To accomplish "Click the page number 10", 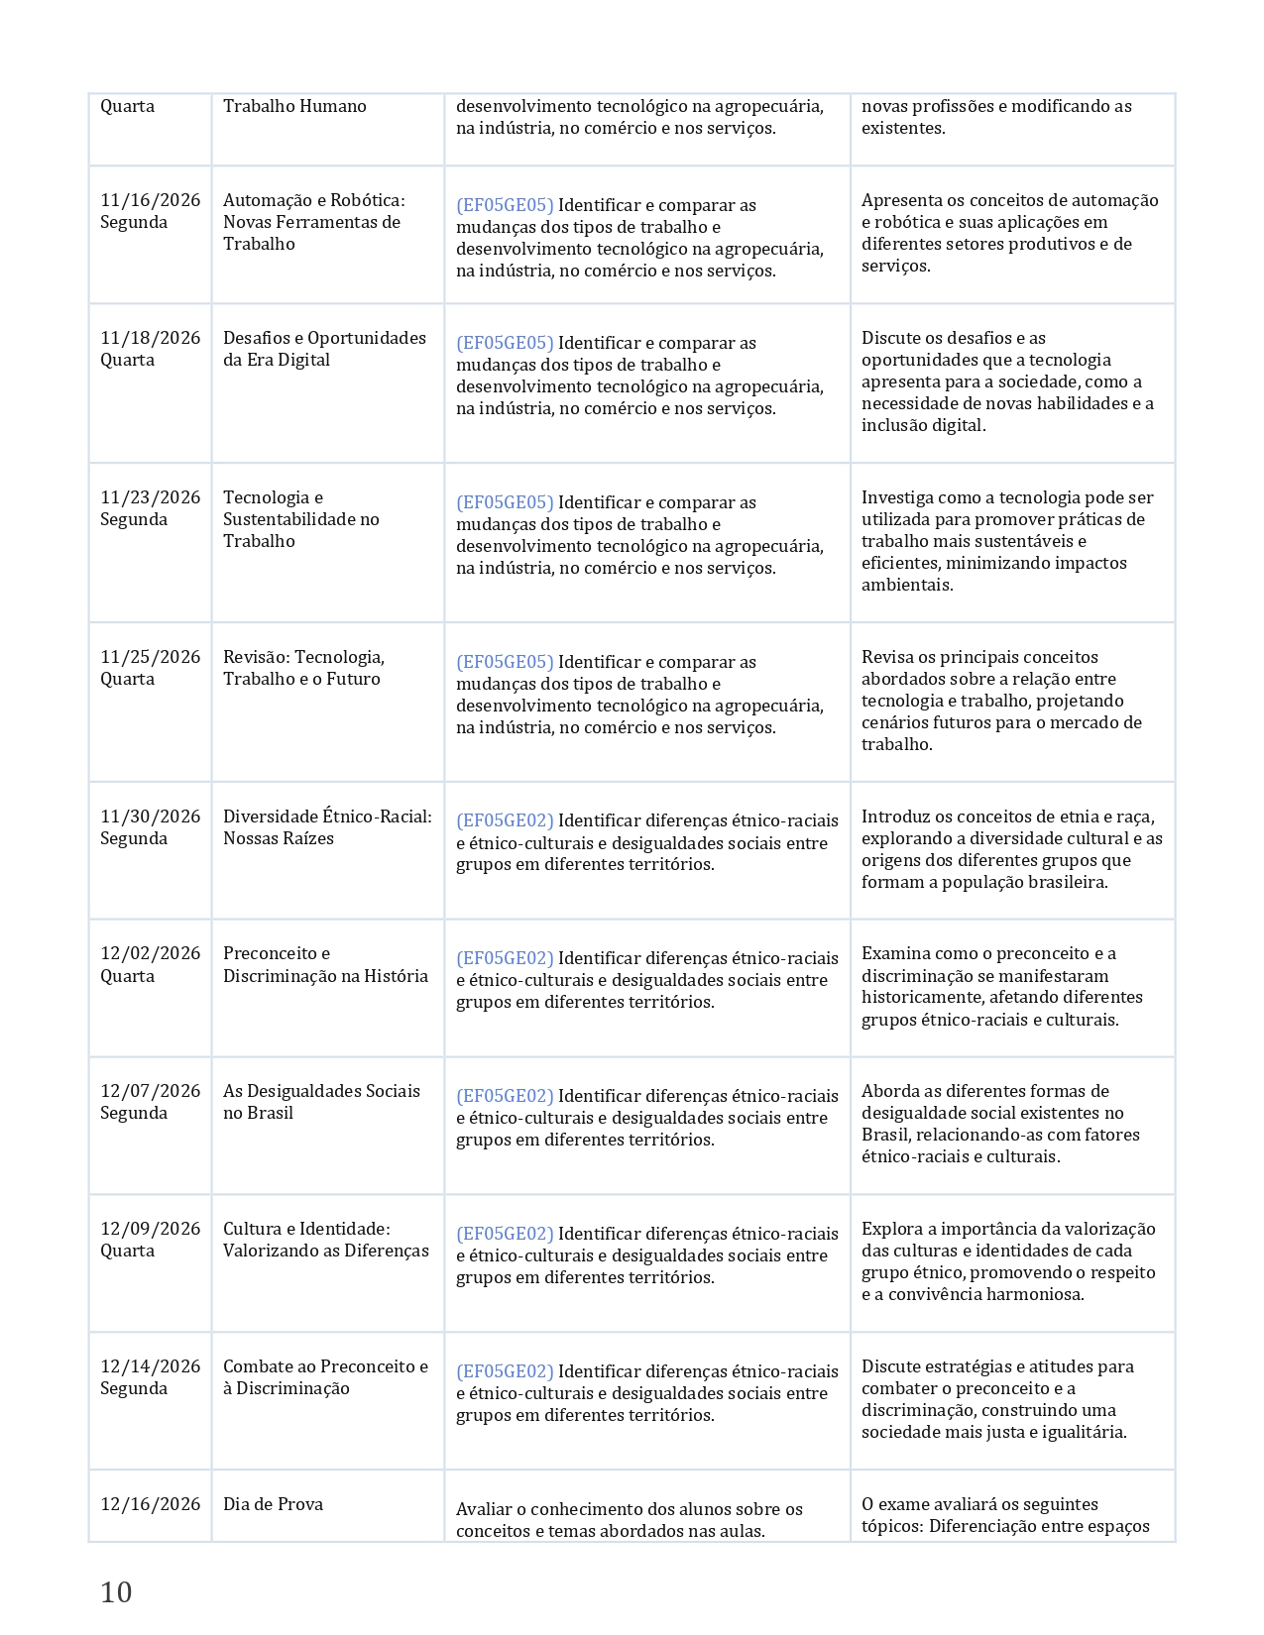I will pyautogui.click(x=116, y=1592).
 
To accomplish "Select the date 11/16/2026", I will pyautogui.click(x=150, y=200).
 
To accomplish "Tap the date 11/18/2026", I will pyautogui.click(x=150, y=338).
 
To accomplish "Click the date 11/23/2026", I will pyautogui.click(x=150, y=497).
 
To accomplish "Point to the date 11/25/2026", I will pyautogui.click(x=150, y=657).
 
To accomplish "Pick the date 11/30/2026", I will pyautogui.click(x=150, y=817).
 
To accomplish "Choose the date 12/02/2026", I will pyautogui.click(x=150, y=953).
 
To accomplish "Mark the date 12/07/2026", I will pyautogui.click(x=150, y=1091).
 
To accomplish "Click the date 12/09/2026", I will pyautogui.click(x=150, y=1229).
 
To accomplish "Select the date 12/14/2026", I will pyautogui.click(x=150, y=1366).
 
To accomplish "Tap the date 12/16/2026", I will pyautogui.click(x=150, y=1504).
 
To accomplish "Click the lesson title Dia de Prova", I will pyautogui.click(x=273, y=1504).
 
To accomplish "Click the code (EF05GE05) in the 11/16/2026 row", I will pyautogui.click(x=505, y=205).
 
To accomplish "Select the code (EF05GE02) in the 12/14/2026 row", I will pyautogui.click(x=505, y=1371).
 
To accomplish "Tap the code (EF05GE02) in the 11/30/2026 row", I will pyautogui.click(x=505, y=820).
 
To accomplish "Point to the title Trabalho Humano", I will pyautogui.click(x=294, y=106).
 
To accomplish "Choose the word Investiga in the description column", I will pyautogui.click(x=897, y=497).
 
